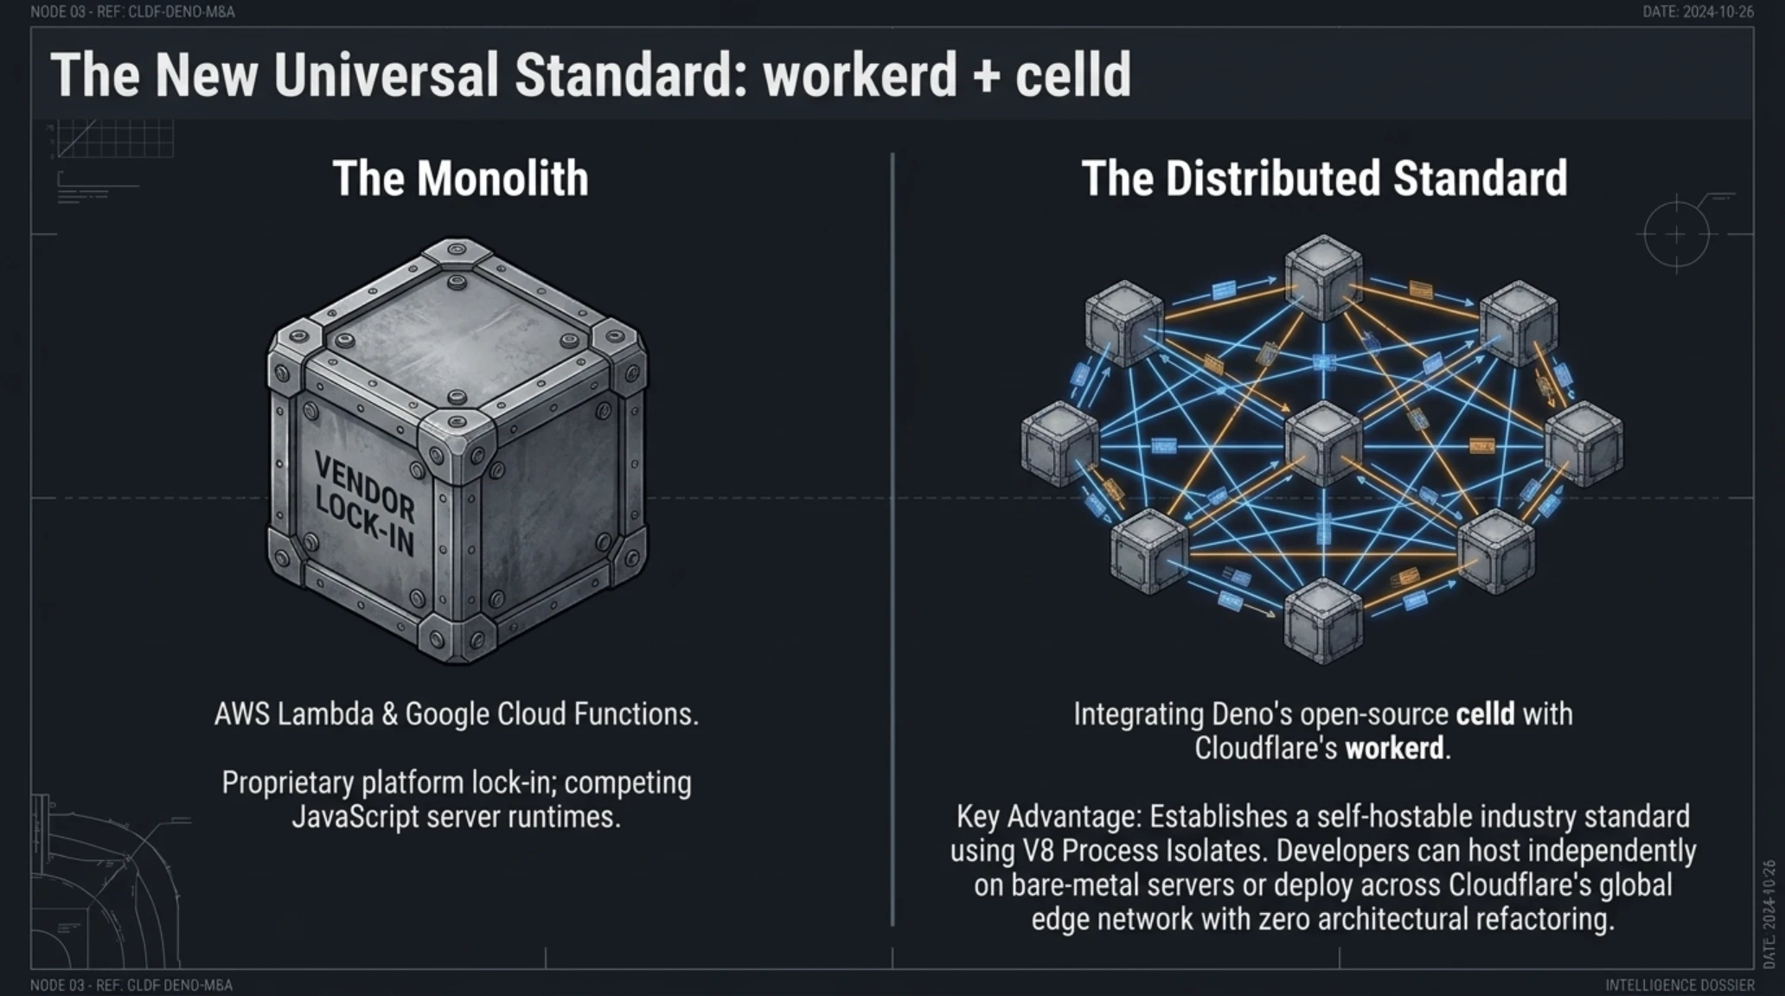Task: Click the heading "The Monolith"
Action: (x=460, y=178)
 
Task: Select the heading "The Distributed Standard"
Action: (x=1324, y=178)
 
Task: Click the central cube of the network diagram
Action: (x=1323, y=444)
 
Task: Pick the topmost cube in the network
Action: (x=1323, y=276)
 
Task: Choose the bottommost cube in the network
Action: (x=1323, y=620)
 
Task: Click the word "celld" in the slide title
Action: (x=1073, y=74)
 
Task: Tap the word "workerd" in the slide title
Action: (x=860, y=74)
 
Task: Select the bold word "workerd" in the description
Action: (x=1394, y=748)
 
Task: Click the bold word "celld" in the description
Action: (x=1486, y=714)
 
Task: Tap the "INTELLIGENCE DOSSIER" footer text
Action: (x=1679, y=985)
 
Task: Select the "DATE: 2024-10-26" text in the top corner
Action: (x=1698, y=12)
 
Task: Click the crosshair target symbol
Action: (x=1676, y=234)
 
